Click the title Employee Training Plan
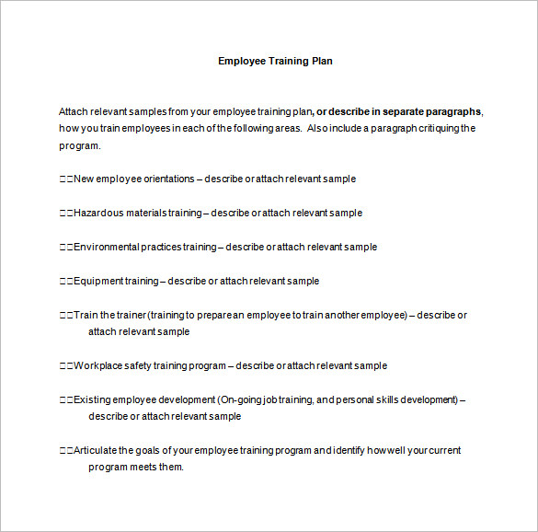click(275, 62)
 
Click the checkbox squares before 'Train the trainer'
click(65, 315)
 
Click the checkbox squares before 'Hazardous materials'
click(65, 213)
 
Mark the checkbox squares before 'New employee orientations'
click(65, 179)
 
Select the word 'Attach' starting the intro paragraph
click(74, 111)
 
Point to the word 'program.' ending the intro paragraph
click(80, 145)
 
